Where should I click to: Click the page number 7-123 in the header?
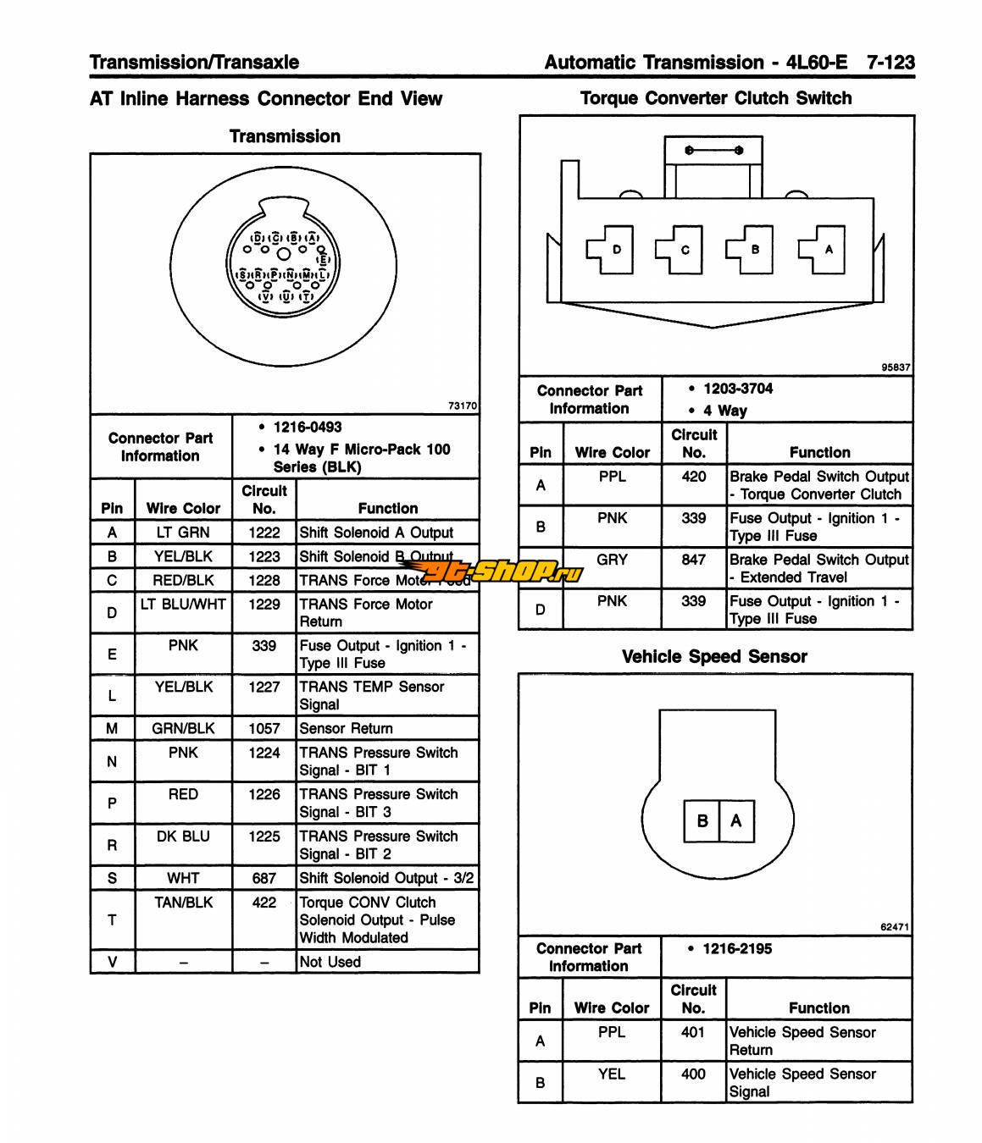[x=890, y=62]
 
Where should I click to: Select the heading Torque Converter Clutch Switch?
[x=716, y=98]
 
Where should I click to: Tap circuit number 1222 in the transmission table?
[x=264, y=532]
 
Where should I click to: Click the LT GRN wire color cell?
[x=183, y=532]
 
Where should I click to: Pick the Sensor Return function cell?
[x=346, y=728]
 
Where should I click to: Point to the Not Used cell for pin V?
[x=330, y=962]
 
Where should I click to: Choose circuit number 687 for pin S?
[x=264, y=878]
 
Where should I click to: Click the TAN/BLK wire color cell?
[x=183, y=903]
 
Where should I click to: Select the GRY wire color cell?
[x=612, y=560]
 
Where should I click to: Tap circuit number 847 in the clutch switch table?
[x=693, y=560]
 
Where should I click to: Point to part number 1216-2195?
[x=737, y=948]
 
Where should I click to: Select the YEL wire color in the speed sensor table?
[x=612, y=1074]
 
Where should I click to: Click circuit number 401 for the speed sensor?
[x=693, y=1032]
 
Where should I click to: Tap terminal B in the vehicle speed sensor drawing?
[x=702, y=820]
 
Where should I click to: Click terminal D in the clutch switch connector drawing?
[x=616, y=250]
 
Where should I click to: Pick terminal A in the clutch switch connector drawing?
[x=828, y=250]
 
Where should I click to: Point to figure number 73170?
[x=463, y=406]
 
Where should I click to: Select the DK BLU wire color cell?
[x=183, y=836]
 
